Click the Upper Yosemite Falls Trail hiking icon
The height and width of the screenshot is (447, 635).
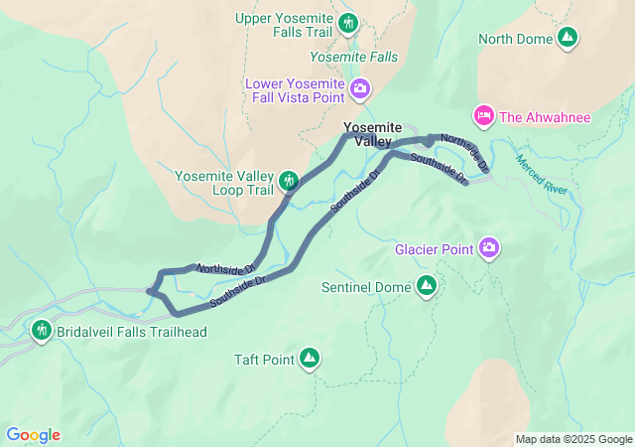click(347, 22)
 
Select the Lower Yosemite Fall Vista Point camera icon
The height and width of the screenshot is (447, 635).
click(360, 90)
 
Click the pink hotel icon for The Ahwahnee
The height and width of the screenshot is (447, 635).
click(484, 117)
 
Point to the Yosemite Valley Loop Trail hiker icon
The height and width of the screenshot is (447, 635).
click(289, 180)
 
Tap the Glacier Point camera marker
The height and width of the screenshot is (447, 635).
click(489, 247)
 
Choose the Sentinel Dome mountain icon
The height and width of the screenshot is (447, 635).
click(427, 286)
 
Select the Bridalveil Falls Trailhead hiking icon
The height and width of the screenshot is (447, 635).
click(42, 330)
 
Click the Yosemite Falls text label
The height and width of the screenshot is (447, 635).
click(354, 58)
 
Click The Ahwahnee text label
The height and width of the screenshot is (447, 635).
click(545, 117)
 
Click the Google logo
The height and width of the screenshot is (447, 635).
click(33, 435)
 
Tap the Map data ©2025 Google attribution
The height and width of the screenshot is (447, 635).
click(572, 439)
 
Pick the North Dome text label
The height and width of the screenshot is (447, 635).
click(514, 40)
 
